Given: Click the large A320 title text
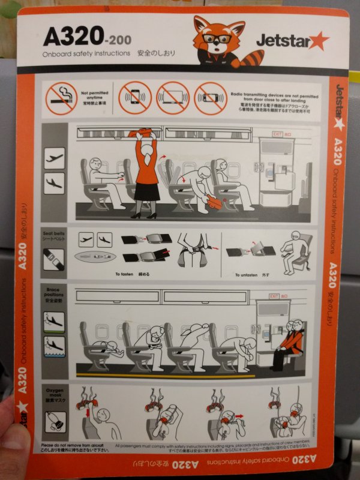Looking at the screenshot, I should click(73, 37).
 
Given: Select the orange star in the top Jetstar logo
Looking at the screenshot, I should click(317, 41).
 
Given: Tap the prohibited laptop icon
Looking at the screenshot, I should click(173, 98).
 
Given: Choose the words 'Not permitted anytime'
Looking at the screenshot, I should click(94, 95).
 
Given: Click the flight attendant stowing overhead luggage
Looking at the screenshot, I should click(144, 174).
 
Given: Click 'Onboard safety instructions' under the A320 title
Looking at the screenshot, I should click(86, 53).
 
